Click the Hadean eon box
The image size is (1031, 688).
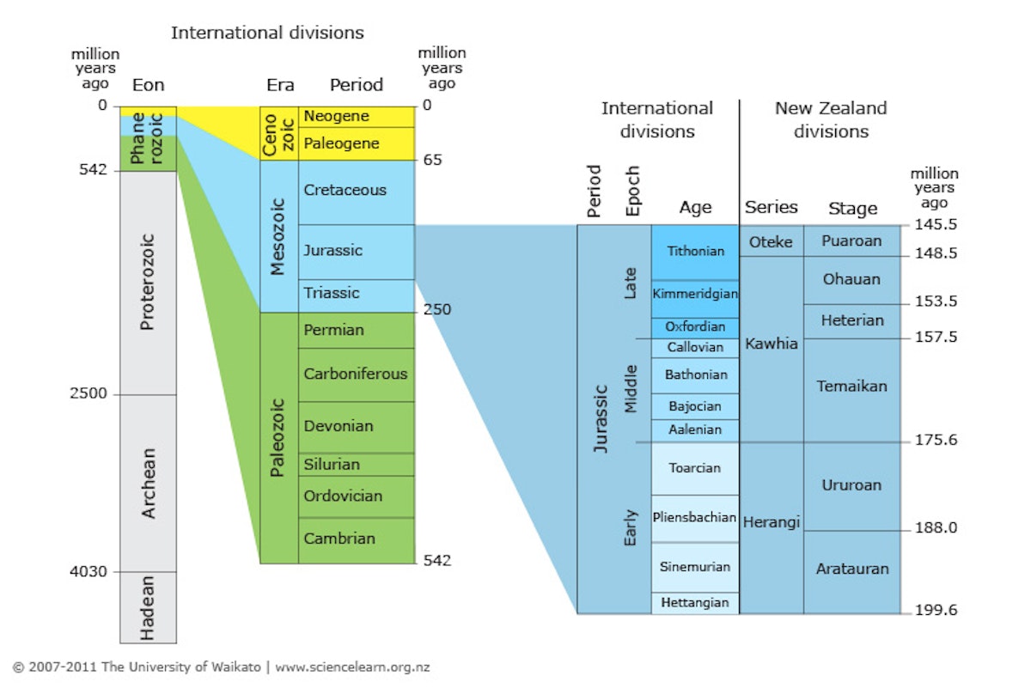[x=148, y=607]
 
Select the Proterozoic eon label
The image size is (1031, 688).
[x=148, y=282]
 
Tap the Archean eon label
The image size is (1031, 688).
[x=148, y=483]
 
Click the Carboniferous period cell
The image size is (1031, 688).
[x=356, y=374]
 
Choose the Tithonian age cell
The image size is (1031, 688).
[x=695, y=252]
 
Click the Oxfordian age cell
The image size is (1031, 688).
[x=695, y=327]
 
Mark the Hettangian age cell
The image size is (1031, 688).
[x=695, y=603]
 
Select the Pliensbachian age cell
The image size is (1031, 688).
[x=695, y=518]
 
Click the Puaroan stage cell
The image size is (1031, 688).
[x=851, y=240]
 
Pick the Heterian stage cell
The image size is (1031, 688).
[x=851, y=320]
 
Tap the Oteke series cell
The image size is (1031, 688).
[x=771, y=241]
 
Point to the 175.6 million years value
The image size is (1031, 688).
[x=934, y=440]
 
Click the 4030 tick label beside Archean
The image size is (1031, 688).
[x=89, y=571]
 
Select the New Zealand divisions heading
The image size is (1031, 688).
[x=831, y=120]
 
